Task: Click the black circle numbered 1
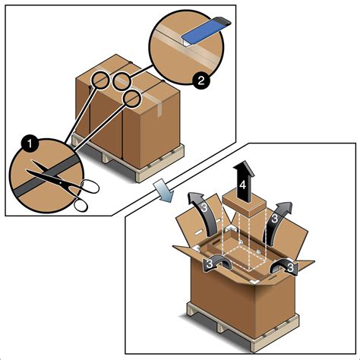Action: (30, 144)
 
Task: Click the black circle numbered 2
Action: (201, 81)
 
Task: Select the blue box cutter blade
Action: (204, 31)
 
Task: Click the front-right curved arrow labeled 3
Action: (283, 266)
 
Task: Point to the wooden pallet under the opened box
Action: (243, 327)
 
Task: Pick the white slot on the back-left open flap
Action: (199, 232)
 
